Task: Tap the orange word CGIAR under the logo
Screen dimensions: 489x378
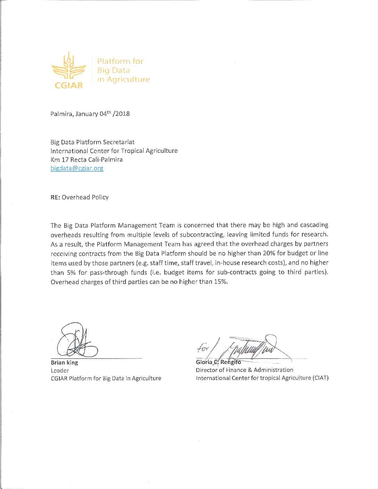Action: pos(69,85)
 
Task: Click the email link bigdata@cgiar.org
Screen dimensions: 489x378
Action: pos(77,168)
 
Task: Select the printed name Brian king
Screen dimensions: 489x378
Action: pos(64,363)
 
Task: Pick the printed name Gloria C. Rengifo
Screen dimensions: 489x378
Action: pos(218,362)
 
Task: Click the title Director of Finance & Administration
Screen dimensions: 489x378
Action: pos(244,370)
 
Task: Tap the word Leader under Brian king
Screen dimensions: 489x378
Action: pos(60,371)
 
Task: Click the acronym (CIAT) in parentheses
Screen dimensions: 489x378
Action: pos(320,378)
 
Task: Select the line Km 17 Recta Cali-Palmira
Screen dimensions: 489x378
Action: pos(87,160)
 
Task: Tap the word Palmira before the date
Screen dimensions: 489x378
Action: pos(61,114)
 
